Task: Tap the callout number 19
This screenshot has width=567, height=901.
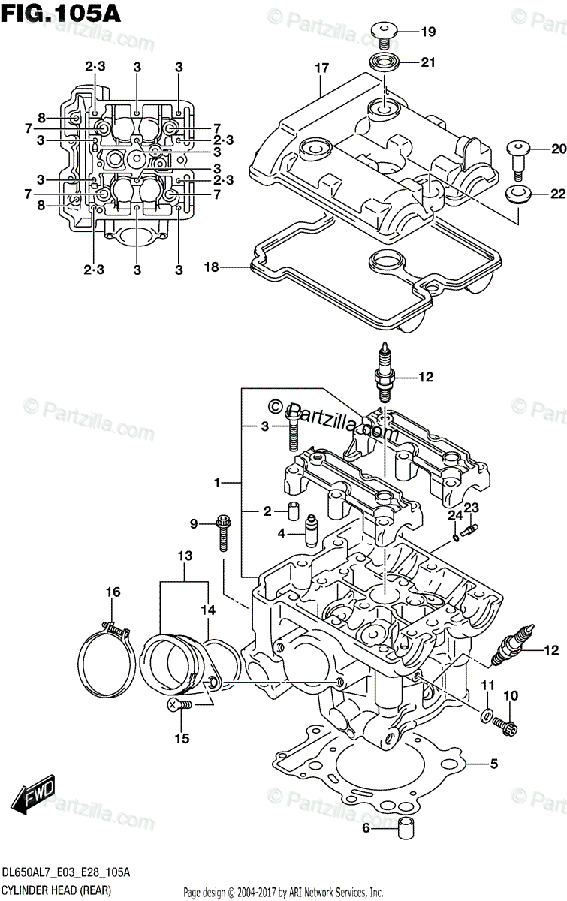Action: point(427,32)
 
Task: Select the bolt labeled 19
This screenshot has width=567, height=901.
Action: point(383,32)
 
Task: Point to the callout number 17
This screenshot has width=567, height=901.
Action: point(321,68)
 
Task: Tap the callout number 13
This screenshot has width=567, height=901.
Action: point(185,556)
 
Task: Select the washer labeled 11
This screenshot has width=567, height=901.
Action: point(487,711)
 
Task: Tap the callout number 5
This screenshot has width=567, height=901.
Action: point(493,765)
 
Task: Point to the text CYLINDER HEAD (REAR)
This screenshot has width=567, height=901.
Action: point(57,890)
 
